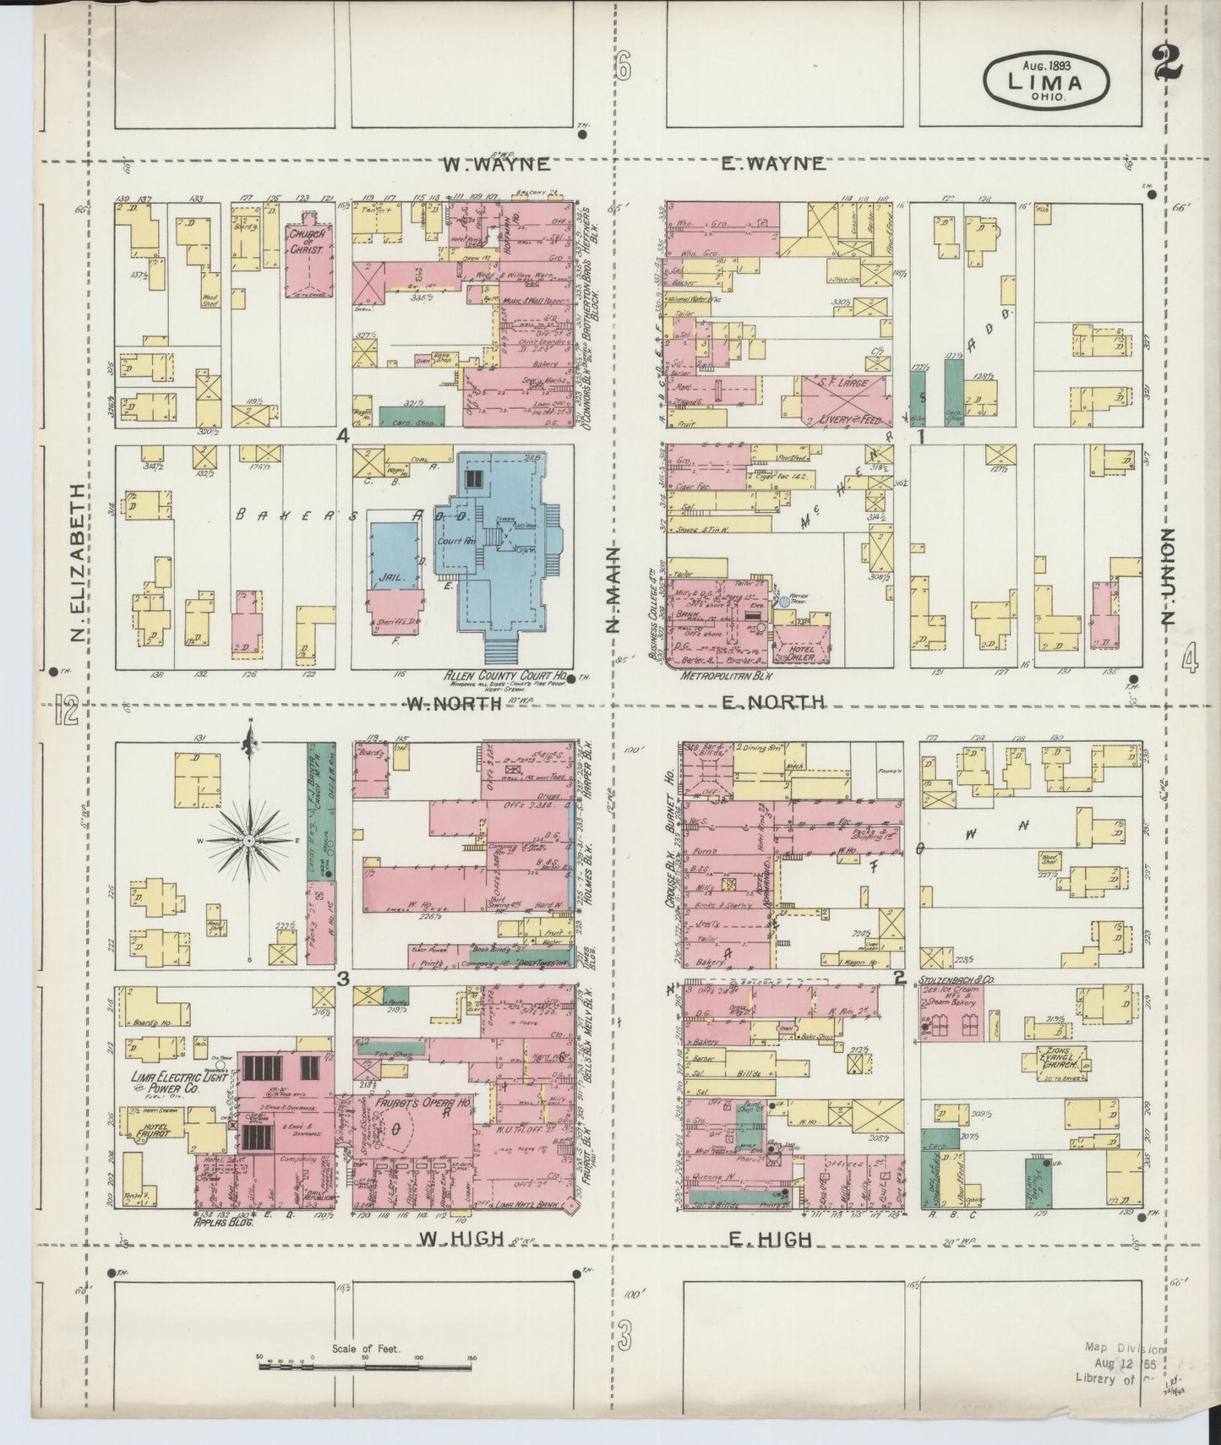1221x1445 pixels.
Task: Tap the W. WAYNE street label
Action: click(x=497, y=165)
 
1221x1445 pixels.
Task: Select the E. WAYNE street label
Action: click(x=772, y=165)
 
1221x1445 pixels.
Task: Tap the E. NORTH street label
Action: click(x=772, y=702)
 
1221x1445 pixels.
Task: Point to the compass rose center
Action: click(x=250, y=842)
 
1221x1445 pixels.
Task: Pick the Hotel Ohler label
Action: click(x=795, y=650)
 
